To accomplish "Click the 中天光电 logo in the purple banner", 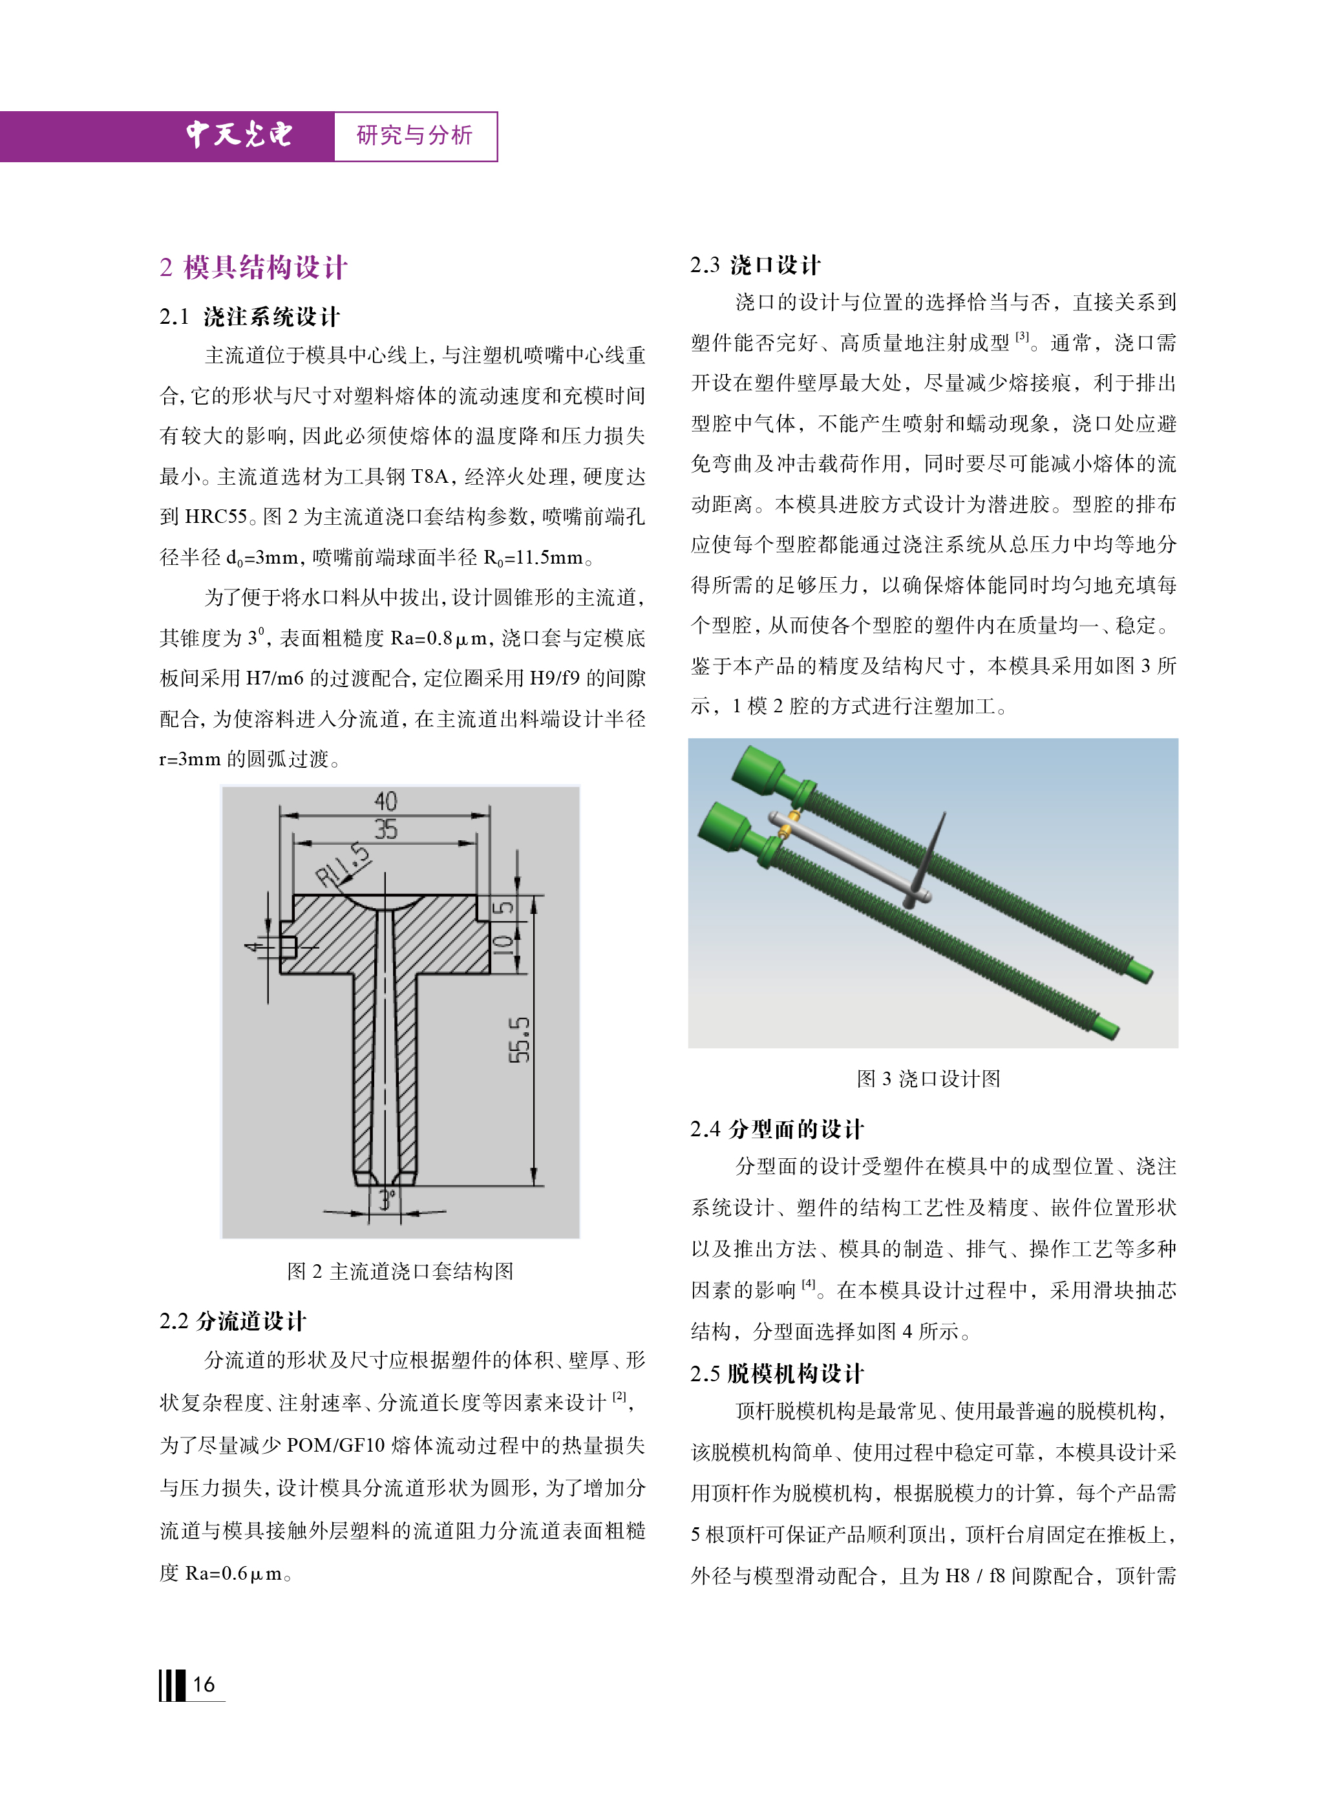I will [239, 134].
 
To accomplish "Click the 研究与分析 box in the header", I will [414, 136].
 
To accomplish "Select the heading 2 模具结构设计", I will [253, 267].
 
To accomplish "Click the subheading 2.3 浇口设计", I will [756, 265].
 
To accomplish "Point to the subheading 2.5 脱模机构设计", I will [777, 1373].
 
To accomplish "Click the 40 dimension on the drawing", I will [385, 801].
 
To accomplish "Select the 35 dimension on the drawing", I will [385, 829].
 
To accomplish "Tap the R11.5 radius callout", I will [342, 864].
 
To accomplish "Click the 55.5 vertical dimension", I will [519, 1040].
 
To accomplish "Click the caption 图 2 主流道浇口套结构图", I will [400, 1271].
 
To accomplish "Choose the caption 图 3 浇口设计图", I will [928, 1079].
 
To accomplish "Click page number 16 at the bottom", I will [204, 1684].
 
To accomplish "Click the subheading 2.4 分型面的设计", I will [777, 1129].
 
